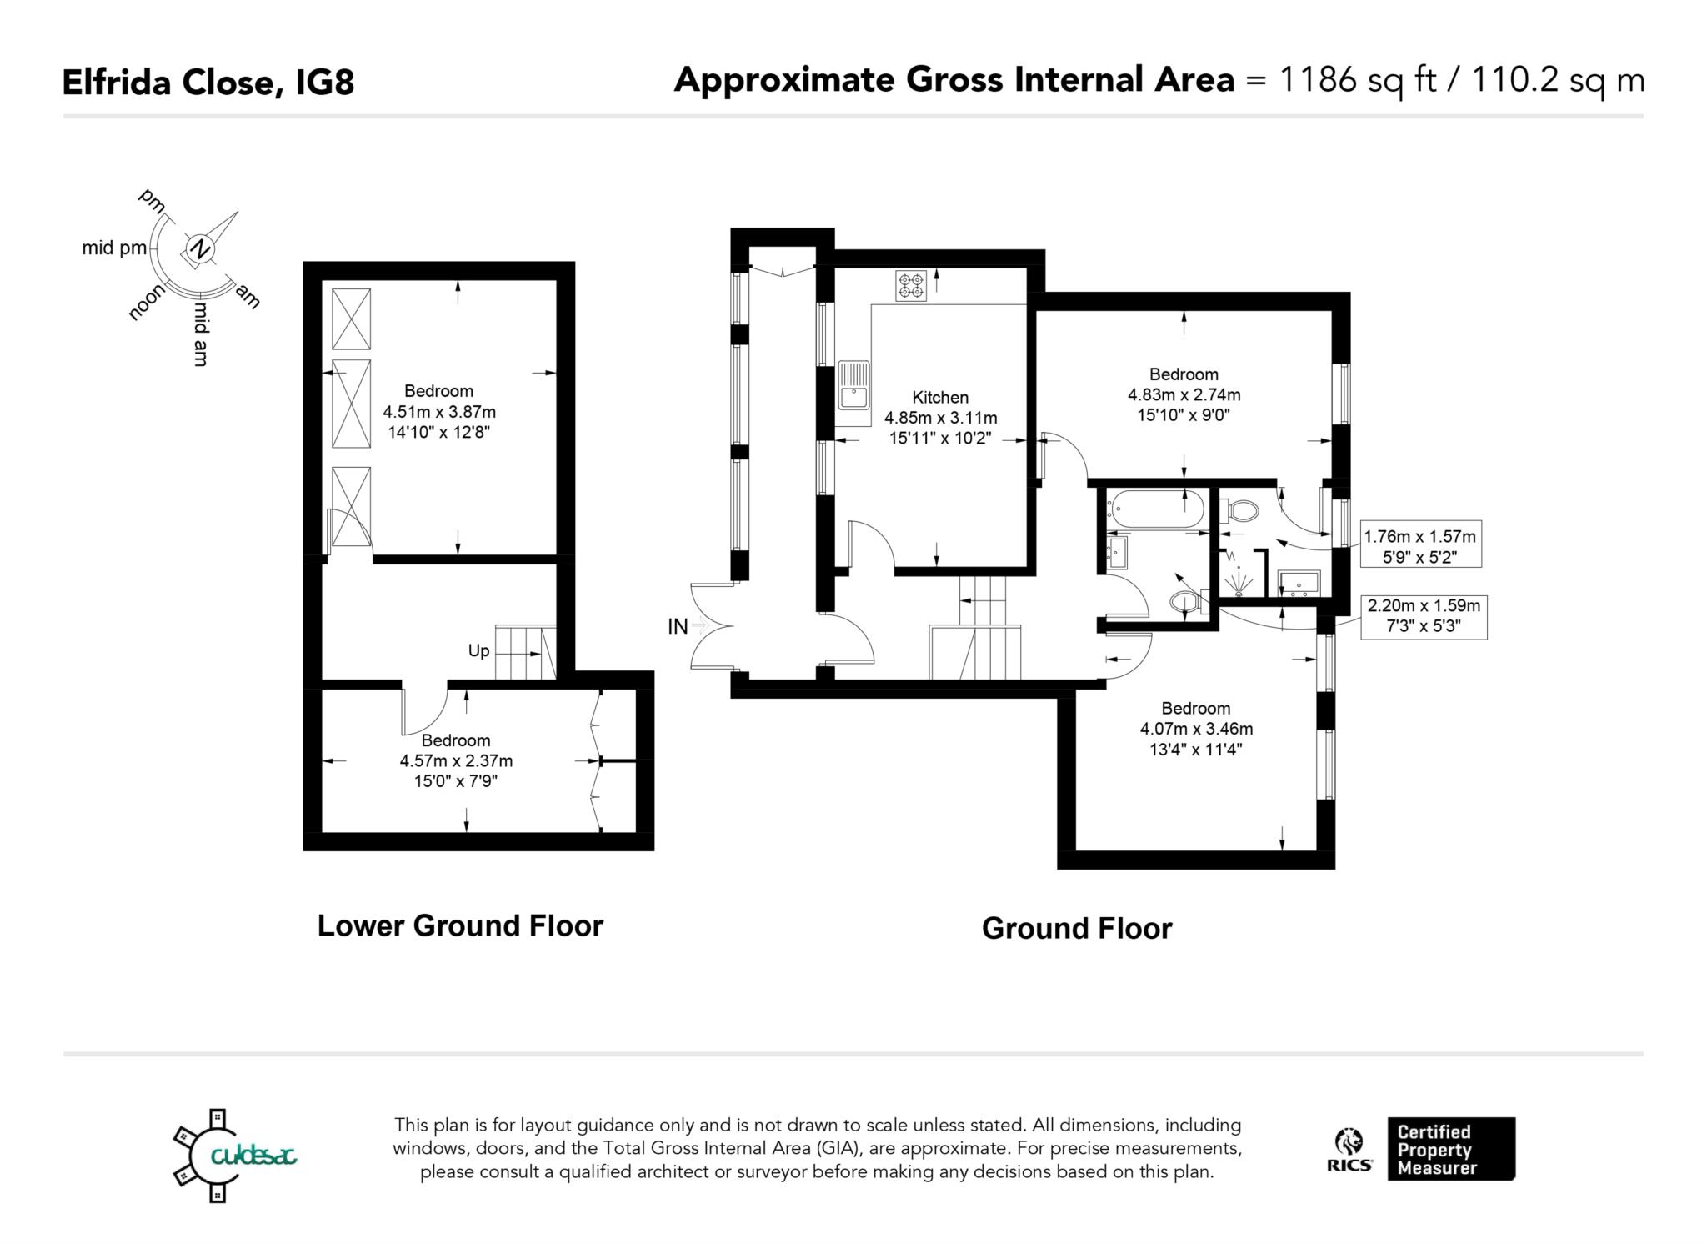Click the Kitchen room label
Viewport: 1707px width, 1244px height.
point(940,398)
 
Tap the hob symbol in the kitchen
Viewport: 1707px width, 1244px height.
point(911,286)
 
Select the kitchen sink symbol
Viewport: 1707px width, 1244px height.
point(853,385)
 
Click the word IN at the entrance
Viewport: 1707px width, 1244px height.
point(678,627)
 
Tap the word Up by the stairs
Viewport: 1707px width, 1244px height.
point(478,651)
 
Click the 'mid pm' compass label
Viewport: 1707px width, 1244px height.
point(114,248)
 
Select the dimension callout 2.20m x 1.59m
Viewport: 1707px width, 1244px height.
point(1424,616)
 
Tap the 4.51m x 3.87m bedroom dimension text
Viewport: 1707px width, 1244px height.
point(439,412)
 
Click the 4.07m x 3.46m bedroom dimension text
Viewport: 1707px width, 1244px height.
point(1196,729)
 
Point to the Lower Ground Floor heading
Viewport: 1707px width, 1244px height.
point(460,926)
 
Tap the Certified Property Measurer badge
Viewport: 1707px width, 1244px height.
point(1450,1149)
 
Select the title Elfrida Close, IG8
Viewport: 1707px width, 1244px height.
point(208,83)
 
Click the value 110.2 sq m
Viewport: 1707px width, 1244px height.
point(1558,80)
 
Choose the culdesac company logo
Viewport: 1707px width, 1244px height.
point(233,1155)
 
